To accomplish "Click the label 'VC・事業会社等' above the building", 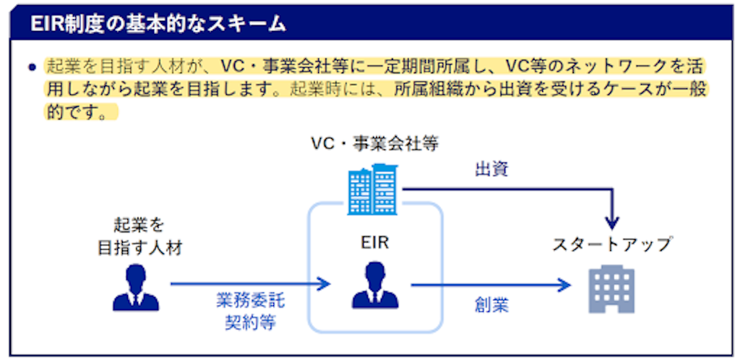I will point(374,143).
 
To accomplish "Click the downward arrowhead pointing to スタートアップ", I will point(612,220).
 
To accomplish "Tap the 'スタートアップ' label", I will point(612,244).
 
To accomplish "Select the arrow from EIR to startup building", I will point(491,285).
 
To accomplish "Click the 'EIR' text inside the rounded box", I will point(374,244).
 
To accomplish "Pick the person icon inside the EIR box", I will point(374,286).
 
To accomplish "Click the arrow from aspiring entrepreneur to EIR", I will point(249,285).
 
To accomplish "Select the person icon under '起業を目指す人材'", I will point(135,287).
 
